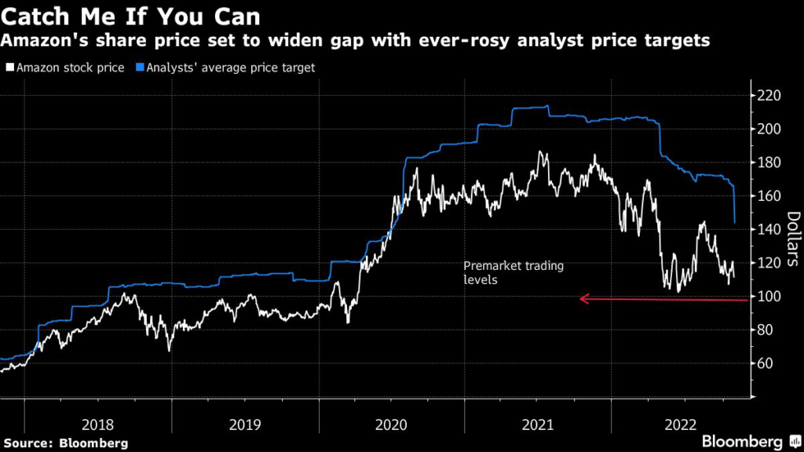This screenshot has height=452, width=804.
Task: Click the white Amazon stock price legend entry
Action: [x=64, y=67]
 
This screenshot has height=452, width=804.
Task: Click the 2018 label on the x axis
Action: [x=97, y=425]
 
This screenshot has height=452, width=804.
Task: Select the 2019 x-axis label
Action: [x=244, y=425]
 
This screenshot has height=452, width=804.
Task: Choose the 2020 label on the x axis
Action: [x=392, y=425]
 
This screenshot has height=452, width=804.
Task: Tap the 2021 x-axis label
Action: [x=539, y=425]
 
